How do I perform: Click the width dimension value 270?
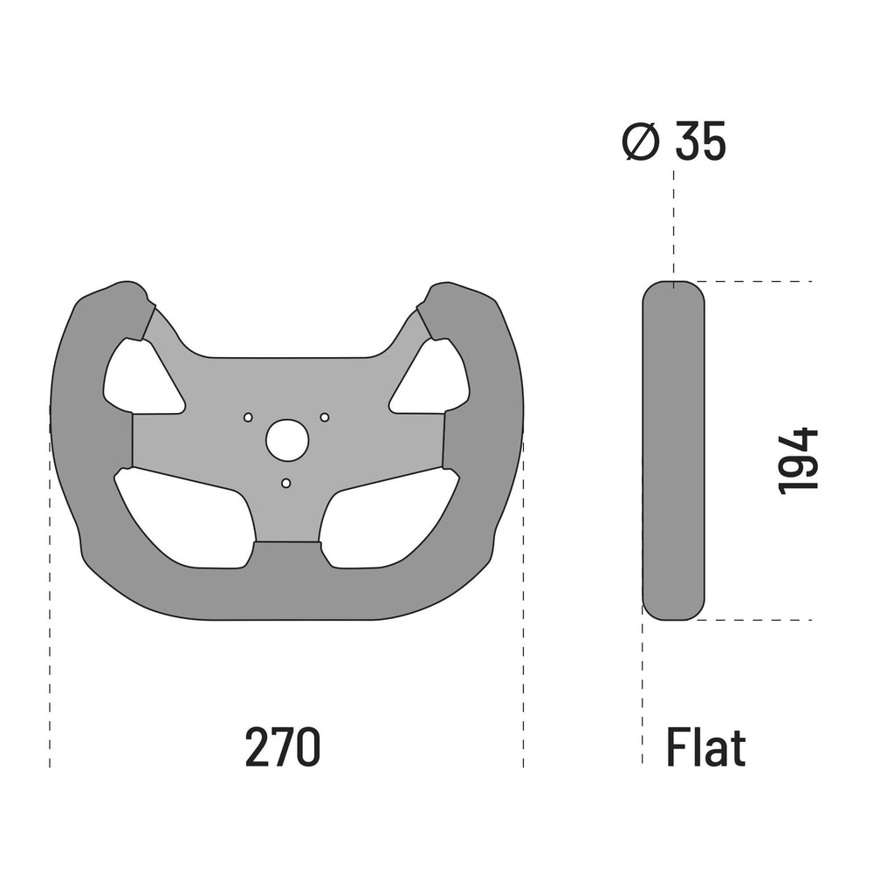click(x=283, y=748)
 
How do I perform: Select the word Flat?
click(x=705, y=748)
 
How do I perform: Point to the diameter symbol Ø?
click(x=640, y=141)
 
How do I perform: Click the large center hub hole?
click(x=286, y=440)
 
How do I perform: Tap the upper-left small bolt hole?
click(x=248, y=416)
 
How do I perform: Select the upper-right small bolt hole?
click(x=324, y=416)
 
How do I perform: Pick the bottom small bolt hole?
click(x=285, y=483)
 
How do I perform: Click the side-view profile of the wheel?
click(x=673, y=450)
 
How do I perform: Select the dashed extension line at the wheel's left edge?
click(x=50, y=611)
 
